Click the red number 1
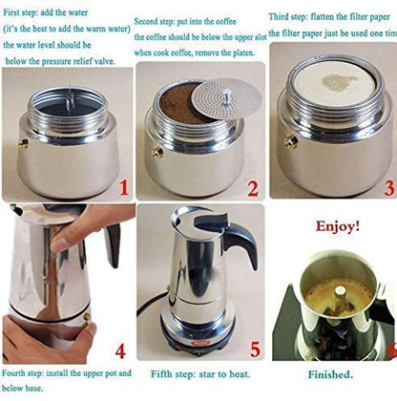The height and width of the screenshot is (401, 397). pos(123,187)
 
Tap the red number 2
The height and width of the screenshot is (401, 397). pos(252,188)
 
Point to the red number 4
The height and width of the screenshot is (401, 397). pos(119,350)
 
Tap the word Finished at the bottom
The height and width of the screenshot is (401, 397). pos(330,375)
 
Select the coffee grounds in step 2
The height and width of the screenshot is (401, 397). pos(178,102)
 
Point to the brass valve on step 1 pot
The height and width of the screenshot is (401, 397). pos(22,144)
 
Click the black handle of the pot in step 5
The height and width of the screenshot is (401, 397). pos(239,244)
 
